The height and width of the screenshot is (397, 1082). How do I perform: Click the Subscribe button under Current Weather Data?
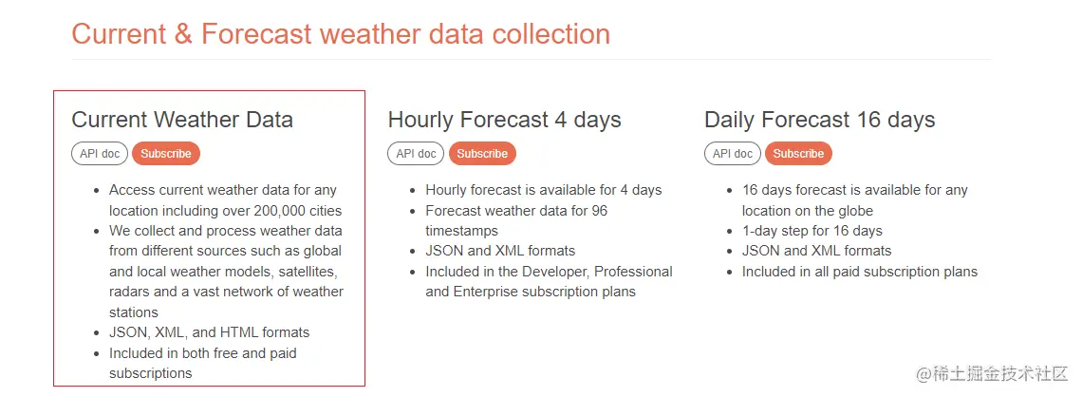(x=165, y=154)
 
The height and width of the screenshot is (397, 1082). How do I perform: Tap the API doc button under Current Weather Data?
(x=100, y=154)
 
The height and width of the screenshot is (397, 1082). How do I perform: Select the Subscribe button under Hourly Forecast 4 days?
(x=482, y=154)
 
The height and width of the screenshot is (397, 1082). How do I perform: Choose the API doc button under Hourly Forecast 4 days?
(x=416, y=154)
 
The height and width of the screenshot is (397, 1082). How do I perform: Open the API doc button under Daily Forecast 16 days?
(x=733, y=154)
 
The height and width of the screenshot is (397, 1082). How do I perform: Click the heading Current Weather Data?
(x=182, y=120)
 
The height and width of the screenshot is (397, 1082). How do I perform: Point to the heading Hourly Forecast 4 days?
(x=504, y=120)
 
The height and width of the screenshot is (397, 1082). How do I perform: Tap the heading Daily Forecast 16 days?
(x=820, y=120)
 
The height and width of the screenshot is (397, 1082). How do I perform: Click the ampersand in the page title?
(x=183, y=34)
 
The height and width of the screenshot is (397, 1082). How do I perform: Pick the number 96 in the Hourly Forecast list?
(x=600, y=211)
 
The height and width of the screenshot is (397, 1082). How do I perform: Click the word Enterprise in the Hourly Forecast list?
(x=484, y=293)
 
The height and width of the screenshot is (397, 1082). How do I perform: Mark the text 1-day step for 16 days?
(x=812, y=231)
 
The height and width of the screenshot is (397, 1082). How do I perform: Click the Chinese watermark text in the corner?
(x=992, y=374)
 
